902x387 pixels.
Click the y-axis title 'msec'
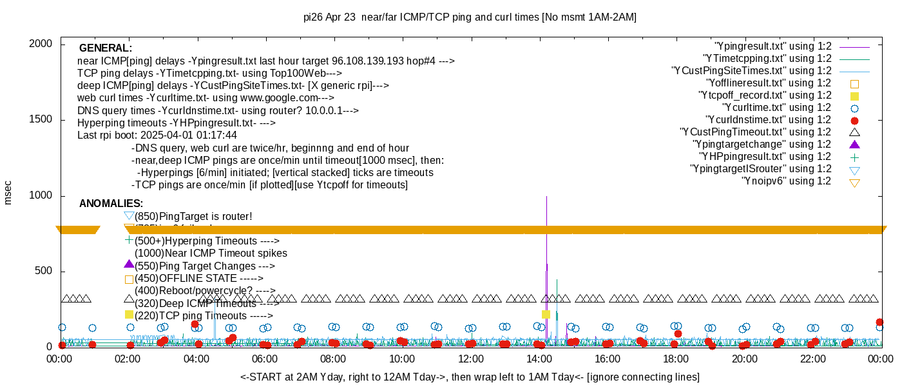click(8, 192)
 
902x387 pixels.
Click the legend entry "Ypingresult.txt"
click(773, 46)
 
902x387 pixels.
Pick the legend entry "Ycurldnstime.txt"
click(768, 120)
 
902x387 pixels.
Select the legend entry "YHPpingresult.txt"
click(765, 157)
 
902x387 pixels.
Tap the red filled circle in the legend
click(855, 121)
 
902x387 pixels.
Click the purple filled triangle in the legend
click(855, 144)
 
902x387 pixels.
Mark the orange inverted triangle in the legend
click(855, 183)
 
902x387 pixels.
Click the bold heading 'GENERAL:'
click(105, 48)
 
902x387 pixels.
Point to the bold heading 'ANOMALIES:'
click(111, 204)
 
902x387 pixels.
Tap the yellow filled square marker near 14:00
click(546, 314)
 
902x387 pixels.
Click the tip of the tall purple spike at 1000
click(546, 197)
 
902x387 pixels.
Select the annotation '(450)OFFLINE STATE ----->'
click(198, 279)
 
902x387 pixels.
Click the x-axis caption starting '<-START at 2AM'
click(470, 377)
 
